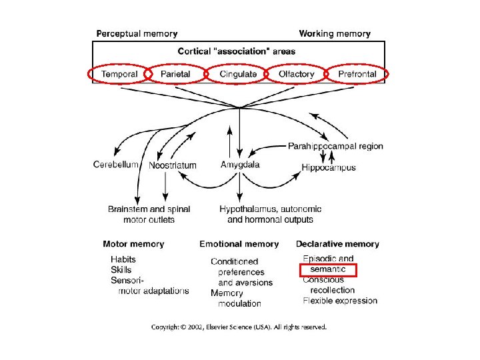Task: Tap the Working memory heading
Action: tap(335, 33)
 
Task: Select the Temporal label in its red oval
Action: tap(119, 74)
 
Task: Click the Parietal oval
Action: tap(176, 74)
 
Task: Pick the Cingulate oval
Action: tap(239, 74)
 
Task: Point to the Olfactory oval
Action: tap(295, 74)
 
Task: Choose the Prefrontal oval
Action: tap(357, 74)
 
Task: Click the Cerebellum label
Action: tap(115, 164)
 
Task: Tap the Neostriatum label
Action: tap(173, 165)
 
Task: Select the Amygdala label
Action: tap(240, 164)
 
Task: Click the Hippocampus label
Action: tap(329, 167)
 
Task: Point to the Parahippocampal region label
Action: tap(335, 146)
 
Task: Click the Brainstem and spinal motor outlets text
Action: tap(149, 214)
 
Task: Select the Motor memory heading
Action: tap(133, 244)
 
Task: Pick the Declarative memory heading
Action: tap(337, 244)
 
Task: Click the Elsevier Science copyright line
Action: tap(239, 327)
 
